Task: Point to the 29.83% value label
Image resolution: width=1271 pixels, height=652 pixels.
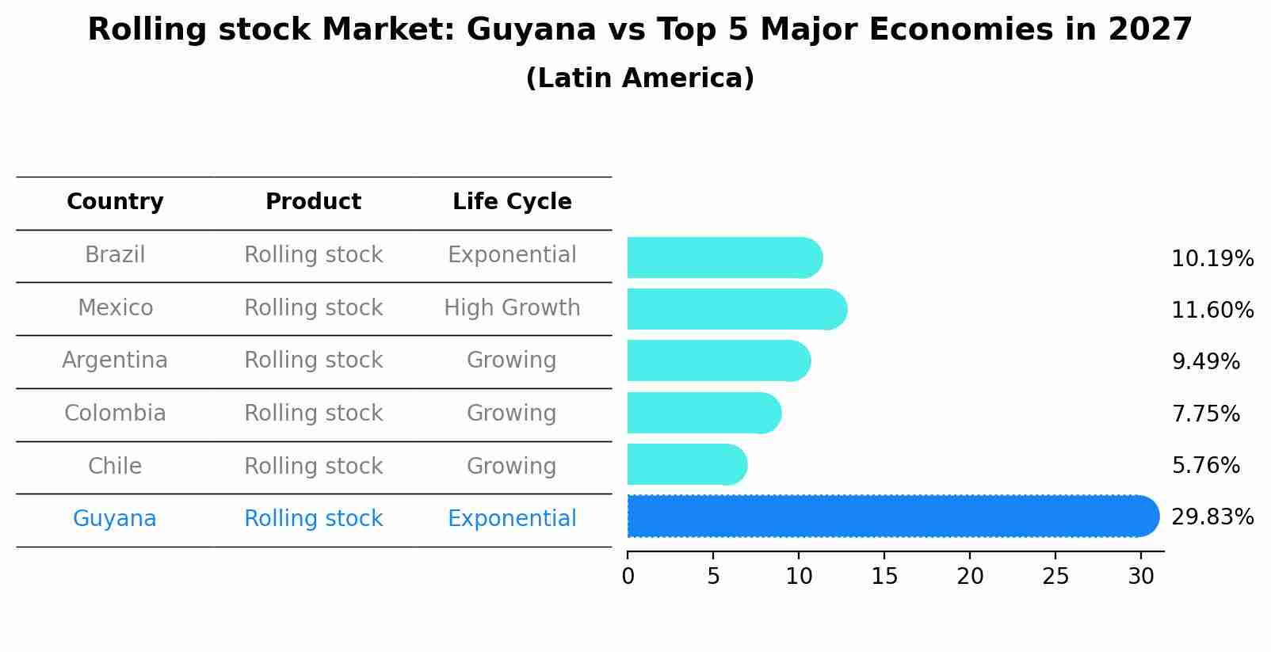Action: tap(1212, 517)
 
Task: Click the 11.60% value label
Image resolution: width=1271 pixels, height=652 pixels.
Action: tap(1212, 310)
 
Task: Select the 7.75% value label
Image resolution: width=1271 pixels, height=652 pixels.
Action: tap(1205, 414)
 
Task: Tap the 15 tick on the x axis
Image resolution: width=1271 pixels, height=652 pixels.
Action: tap(884, 577)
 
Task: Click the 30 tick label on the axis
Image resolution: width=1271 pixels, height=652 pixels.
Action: tap(1141, 577)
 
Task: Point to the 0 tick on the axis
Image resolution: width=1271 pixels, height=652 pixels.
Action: tap(628, 577)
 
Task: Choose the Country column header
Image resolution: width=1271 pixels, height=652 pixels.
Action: tap(115, 202)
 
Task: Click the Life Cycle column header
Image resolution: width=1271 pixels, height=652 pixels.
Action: tap(512, 202)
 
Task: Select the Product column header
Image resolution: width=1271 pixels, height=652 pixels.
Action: tap(313, 202)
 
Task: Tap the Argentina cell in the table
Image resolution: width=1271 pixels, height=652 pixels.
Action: tap(115, 360)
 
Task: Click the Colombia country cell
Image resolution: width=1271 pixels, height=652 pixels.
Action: tap(115, 414)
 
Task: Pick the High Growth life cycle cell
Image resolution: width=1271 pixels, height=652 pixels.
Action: tap(512, 308)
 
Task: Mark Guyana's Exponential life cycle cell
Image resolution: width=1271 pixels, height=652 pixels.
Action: tap(512, 519)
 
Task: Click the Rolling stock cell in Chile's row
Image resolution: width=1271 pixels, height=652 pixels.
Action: tap(313, 466)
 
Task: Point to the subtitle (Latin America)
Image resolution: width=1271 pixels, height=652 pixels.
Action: tap(639, 78)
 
